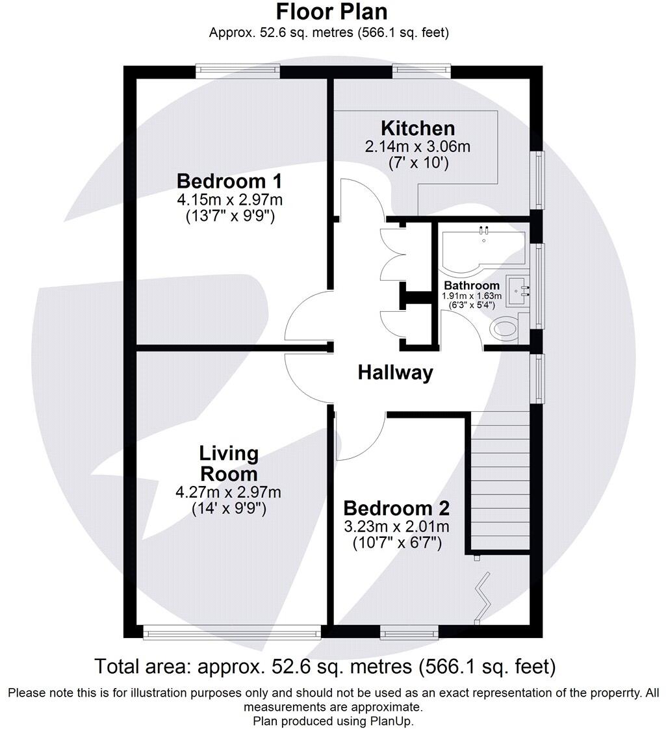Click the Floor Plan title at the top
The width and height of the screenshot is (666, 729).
331,12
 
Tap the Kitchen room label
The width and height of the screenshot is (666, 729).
417,128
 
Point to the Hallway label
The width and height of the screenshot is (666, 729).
395,373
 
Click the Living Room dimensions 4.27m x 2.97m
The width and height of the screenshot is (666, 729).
229,492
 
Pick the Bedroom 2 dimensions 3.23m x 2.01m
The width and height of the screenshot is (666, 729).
396,526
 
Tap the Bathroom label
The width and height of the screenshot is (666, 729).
472,285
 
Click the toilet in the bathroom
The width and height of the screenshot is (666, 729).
506,329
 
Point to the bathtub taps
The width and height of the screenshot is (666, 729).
483,230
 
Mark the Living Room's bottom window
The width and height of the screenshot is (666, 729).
231,632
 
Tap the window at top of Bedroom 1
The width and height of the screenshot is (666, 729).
238,71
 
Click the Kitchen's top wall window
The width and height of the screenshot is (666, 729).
421,71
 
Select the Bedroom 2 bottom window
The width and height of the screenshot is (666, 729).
408,632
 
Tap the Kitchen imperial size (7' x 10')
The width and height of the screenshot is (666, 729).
417,162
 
